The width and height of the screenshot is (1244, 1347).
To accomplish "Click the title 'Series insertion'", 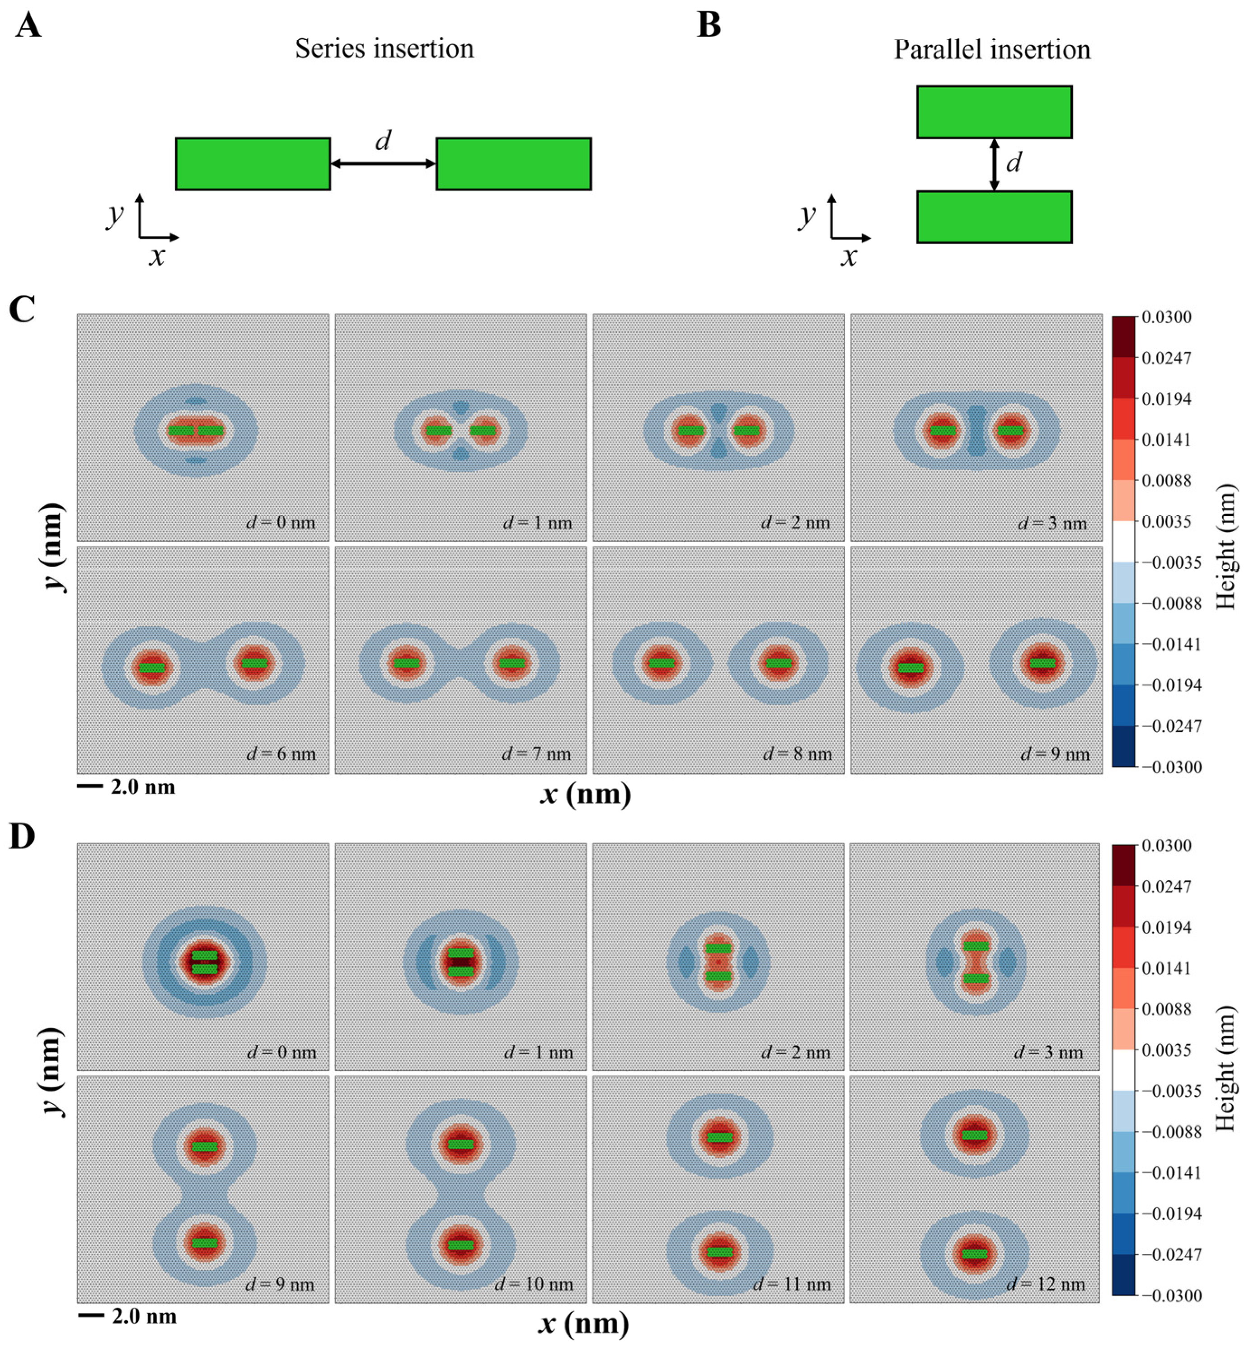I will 385,48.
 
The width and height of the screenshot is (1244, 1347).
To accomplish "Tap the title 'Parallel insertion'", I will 991,50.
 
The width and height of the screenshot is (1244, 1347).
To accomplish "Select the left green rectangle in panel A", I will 253,164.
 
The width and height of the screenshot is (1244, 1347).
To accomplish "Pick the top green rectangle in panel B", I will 994,112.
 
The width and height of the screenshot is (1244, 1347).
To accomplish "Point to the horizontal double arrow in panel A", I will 383,164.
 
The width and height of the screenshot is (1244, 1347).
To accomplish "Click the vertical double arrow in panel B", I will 994,164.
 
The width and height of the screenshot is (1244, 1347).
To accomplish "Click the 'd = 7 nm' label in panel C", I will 536,754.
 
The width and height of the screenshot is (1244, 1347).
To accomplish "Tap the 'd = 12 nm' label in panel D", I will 1046,1284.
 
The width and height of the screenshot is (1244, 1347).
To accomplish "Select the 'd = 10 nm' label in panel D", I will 534,1284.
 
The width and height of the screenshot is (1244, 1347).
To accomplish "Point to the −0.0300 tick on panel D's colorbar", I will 1171,1295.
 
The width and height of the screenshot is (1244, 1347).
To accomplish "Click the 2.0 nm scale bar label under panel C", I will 143,787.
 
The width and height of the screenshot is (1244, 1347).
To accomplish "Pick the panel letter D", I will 22,837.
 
